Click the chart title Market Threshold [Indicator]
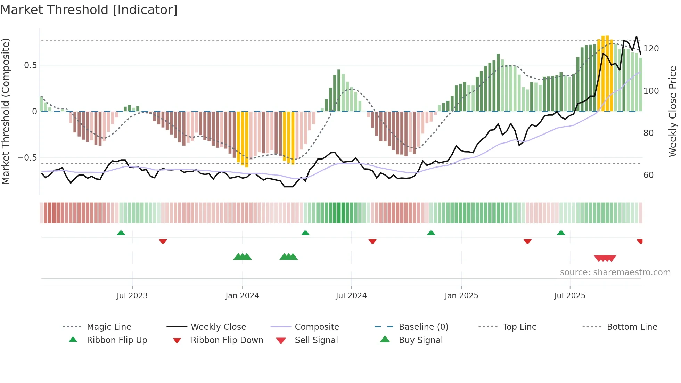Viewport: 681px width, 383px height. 89,10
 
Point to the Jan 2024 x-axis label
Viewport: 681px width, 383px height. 242,295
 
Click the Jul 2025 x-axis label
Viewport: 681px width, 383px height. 569,295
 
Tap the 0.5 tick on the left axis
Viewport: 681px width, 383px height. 30,65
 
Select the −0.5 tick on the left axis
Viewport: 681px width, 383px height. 27,158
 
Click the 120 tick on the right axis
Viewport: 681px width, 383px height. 651,49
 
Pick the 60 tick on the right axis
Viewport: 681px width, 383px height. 648,175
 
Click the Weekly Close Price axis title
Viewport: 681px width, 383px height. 673,111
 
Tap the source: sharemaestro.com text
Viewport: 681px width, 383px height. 615,272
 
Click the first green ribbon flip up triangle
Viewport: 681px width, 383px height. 121,233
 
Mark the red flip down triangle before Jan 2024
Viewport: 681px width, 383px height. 163,241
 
